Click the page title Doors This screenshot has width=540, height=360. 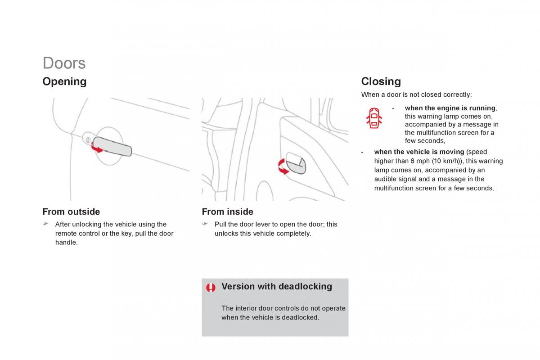tap(64, 63)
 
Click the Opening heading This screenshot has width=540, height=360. tap(64, 82)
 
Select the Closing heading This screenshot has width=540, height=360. tap(381, 81)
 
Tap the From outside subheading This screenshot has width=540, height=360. tap(71, 211)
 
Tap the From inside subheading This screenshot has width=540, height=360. tap(228, 211)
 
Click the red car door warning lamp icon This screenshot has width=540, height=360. tap(374, 118)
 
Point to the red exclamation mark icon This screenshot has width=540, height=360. tap(211, 288)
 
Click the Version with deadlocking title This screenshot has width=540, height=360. tap(277, 287)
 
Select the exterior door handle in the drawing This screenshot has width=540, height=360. tap(112, 146)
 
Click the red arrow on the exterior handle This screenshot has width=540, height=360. tap(96, 148)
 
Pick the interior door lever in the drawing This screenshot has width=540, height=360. tap(296, 163)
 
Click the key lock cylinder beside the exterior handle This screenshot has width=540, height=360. tap(88, 140)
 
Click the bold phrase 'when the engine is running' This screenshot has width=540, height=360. tap(450, 108)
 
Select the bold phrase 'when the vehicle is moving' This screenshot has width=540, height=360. tap(419, 152)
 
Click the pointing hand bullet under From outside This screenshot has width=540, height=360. tap(45, 224)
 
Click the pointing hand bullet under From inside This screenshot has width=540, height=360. tap(205, 224)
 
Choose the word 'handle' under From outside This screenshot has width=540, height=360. tap(66, 243)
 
